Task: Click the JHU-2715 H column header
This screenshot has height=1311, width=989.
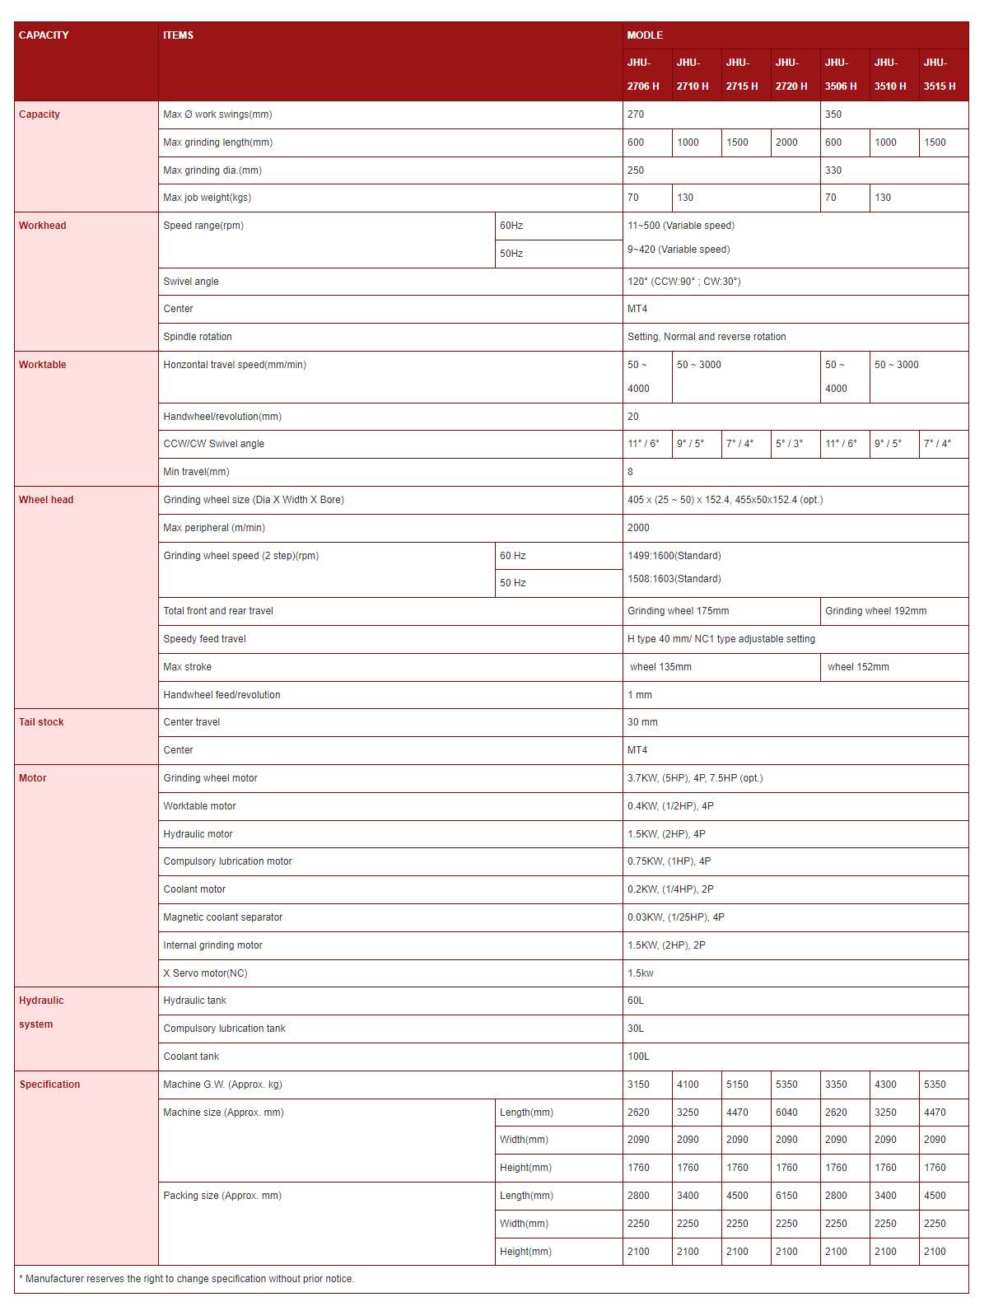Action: click(x=742, y=74)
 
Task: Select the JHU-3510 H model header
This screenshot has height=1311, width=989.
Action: click(x=890, y=74)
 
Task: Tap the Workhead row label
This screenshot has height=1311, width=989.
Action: click(x=43, y=226)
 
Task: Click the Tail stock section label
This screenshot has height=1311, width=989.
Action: click(x=41, y=722)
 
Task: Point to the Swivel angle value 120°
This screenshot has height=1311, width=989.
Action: click(x=683, y=282)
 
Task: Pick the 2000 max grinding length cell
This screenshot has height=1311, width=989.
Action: click(x=786, y=142)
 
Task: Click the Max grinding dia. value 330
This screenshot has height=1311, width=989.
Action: click(x=833, y=170)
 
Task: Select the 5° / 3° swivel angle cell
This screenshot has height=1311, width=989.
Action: click(x=789, y=444)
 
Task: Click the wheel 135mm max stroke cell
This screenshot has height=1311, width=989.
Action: click(x=660, y=667)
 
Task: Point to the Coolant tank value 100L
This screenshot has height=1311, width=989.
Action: click(x=638, y=1057)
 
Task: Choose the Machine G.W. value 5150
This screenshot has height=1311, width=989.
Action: click(x=737, y=1085)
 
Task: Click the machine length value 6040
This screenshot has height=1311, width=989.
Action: click(x=786, y=1113)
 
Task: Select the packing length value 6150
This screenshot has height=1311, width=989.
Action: click(x=786, y=1196)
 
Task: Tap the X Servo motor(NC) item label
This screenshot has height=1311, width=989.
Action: click(x=205, y=973)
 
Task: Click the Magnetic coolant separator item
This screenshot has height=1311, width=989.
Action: click(x=222, y=917)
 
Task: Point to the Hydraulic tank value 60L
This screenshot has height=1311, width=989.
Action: click(x=636, y=1001)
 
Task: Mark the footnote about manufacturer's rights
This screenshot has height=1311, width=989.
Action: click(x=186, y=1279)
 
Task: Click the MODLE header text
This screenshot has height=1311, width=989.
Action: click(x=645, y=35)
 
